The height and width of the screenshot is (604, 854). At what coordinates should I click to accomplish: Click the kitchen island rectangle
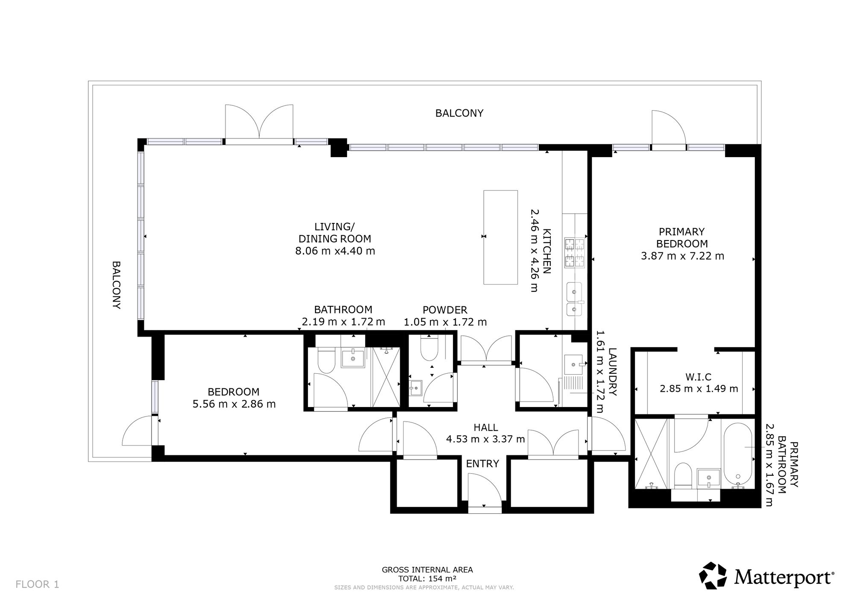[x=500, y=237]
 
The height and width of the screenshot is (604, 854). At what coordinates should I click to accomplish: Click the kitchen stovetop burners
[x=575, y=253]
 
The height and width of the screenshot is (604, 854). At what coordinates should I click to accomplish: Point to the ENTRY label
[x=482, y=463]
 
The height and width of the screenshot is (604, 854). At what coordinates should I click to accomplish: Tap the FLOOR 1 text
[x=37, y=584]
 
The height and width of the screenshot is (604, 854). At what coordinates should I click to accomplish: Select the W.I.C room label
[x=699, y=377]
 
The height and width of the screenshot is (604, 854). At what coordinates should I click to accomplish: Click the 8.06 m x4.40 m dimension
[x=335, y=251]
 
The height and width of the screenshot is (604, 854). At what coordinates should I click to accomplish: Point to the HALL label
[x=485, y=427]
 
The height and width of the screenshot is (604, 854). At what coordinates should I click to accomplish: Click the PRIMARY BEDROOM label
[x=682, y=237]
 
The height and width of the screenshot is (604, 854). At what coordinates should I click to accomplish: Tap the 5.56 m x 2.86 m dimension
[x=234, y=404]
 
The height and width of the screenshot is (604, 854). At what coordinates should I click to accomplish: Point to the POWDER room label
[x=445, y=310]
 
